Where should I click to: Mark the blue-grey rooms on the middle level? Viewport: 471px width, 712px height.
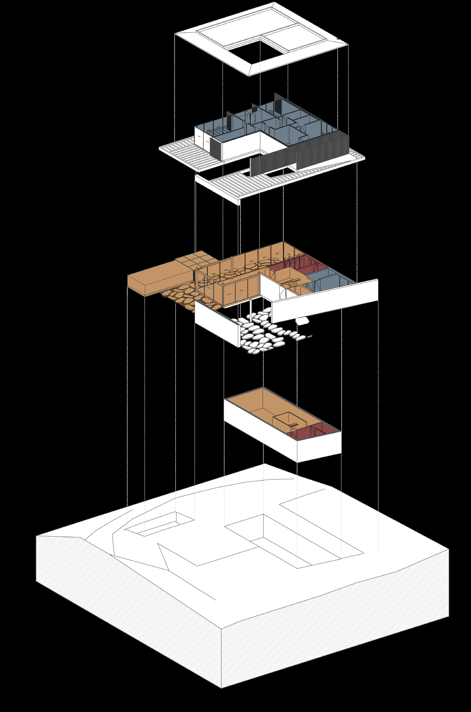tap(328, 279)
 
